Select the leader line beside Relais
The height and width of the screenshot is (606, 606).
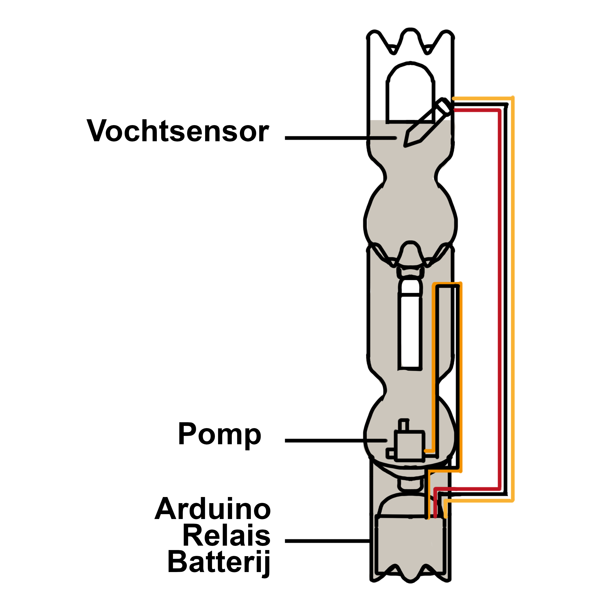(x=328, y=541)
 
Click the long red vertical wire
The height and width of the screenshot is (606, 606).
(x=499, y=298)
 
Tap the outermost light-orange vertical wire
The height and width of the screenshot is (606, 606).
(x=513, y=298)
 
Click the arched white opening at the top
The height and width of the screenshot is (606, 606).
(x=410, y=94)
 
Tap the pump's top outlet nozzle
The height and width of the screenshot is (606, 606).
(x=403, y=425)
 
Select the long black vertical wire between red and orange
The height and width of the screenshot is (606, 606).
(x=506, y=298)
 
